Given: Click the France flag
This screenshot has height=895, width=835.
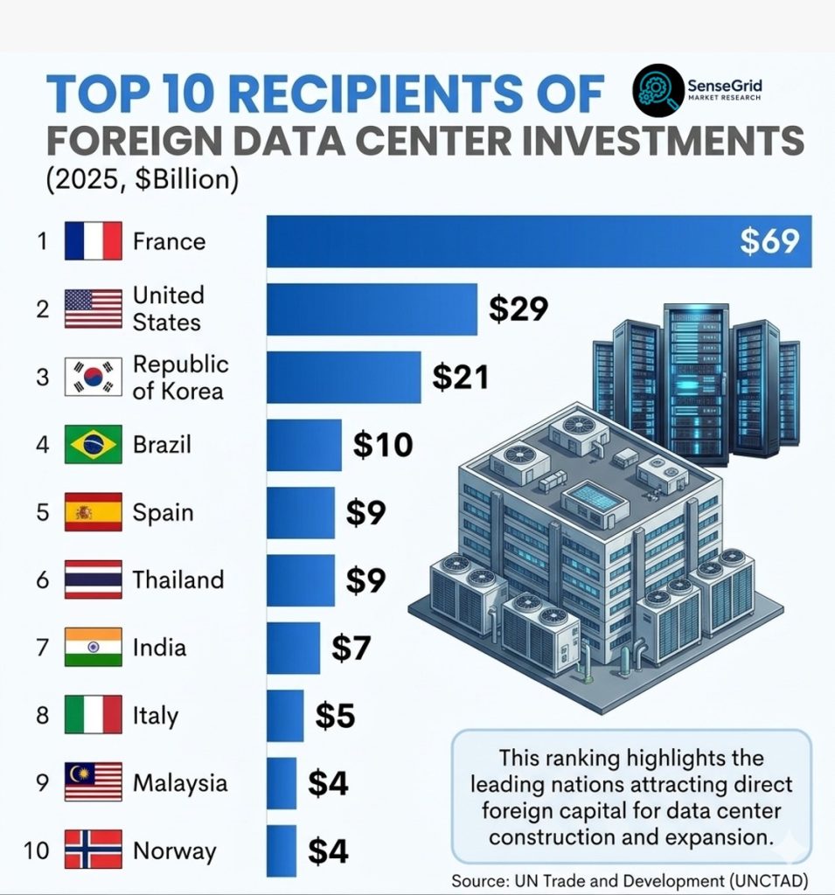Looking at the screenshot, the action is (93, 241).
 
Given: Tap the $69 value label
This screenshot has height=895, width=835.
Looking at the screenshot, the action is (769, 241).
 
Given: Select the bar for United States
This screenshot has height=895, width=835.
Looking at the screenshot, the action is (372, 309).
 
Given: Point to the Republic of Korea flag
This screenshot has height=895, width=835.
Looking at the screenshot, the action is (93, 377).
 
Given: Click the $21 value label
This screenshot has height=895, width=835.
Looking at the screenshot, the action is (460, 378).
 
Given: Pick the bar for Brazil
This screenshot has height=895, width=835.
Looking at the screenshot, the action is (304, 445).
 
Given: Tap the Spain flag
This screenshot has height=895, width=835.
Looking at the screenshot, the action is (93, 512).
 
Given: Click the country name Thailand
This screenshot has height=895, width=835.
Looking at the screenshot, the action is (178, 580).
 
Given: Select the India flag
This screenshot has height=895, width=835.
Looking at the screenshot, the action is (93, 648).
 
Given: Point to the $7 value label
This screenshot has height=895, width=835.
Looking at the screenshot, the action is (351, 648).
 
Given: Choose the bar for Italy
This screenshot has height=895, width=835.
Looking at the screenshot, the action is (285, 716).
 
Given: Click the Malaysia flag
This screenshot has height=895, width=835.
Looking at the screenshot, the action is (93, 782).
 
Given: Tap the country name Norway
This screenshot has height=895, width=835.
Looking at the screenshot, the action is (175, 851).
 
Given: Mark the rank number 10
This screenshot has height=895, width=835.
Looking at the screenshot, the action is (37, 850).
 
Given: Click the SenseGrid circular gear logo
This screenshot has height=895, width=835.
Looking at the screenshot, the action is (658, 90).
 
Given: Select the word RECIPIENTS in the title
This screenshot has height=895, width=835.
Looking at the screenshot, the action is (376, 94).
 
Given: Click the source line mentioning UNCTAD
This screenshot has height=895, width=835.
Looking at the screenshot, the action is (630, 881).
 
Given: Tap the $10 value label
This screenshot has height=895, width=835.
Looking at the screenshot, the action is (383, 445).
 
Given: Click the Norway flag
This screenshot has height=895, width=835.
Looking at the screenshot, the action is (93, 850).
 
